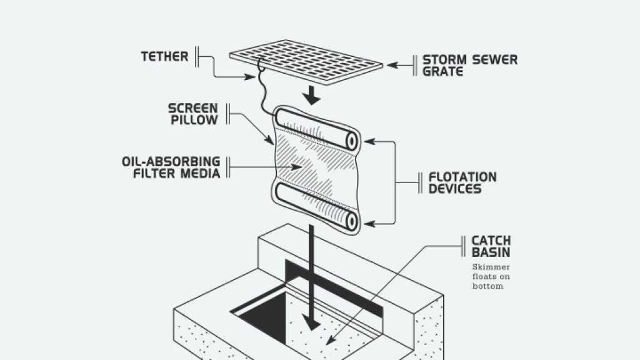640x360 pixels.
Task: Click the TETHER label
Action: click(164, 57)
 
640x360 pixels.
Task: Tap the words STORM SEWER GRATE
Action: click(469, 66)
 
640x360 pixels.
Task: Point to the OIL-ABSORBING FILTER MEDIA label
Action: click(171, 167)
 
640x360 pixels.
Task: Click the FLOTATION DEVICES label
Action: click(462, 182)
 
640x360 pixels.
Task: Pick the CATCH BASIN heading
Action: click(491, 246)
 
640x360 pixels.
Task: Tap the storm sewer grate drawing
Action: click(306, 62)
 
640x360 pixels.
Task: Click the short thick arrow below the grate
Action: click(311, 96)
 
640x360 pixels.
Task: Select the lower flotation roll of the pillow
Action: click(312, 211)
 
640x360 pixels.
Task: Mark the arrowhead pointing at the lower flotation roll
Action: click(368, 223)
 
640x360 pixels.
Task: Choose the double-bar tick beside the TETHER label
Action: click(197, 57)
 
